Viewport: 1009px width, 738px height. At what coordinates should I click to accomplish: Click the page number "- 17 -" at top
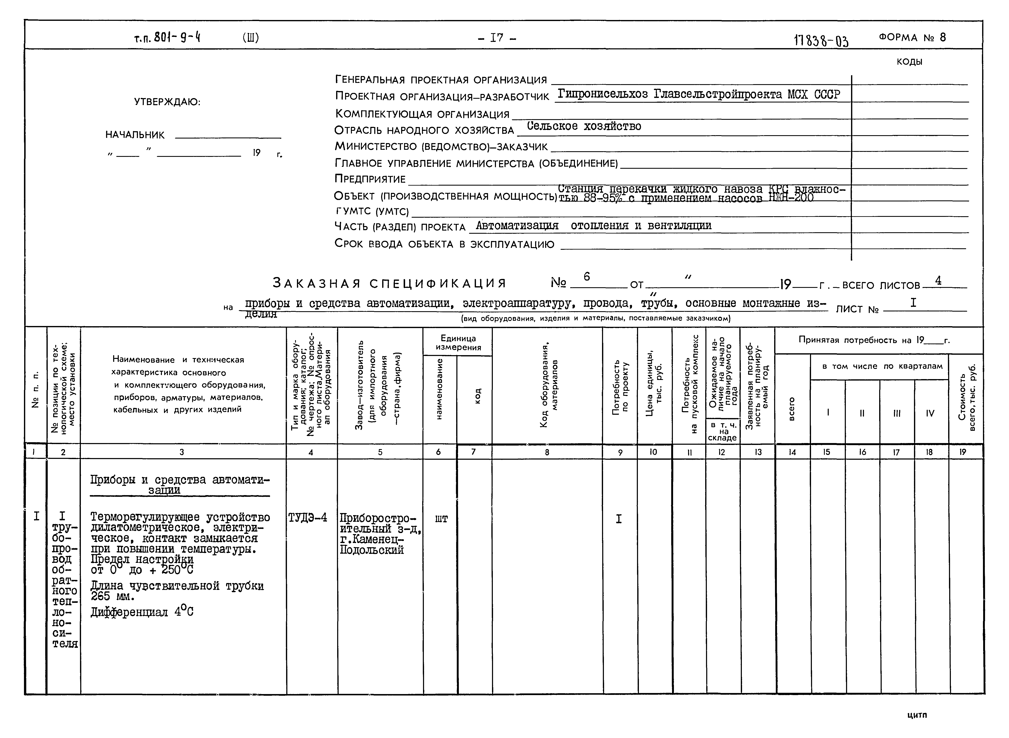(x=497, y=38)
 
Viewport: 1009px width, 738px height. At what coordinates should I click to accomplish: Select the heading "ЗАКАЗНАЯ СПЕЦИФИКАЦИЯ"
(x=389, y=283)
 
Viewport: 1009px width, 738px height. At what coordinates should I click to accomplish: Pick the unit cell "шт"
(x=441, y=519)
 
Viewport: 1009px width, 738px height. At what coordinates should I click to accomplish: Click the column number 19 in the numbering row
(x=963, y=452)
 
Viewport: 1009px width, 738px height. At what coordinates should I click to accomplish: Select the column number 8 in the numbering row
(x=547, y=452)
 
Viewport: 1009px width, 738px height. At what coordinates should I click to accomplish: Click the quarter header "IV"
(x=930, y=413)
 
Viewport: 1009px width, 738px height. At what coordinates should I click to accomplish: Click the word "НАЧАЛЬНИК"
(x=135, y=135)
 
